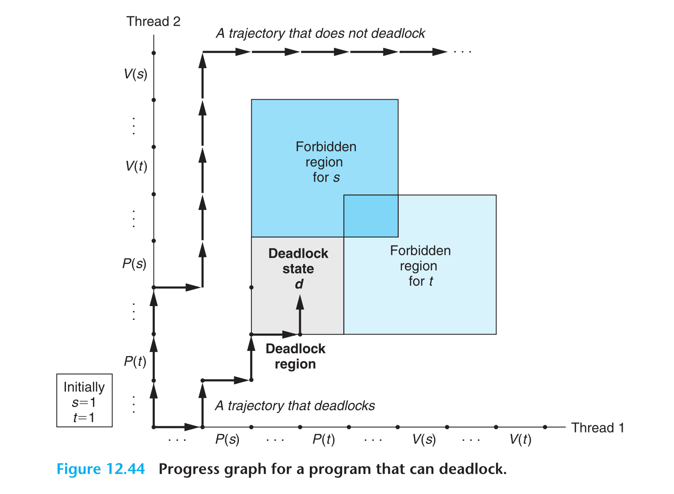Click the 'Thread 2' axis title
tap(153, 21)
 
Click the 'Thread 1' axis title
tap(597, 428)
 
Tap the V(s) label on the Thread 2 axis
tap(135, 74)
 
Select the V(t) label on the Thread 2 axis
tap(136, 166)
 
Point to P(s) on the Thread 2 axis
tap(134, 264)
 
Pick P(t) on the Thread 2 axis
tap(135, 362)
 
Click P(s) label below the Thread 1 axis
tap(227, 439)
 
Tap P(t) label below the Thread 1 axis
tap(324, 439)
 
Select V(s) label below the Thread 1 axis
tap(424, 439)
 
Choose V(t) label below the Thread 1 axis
tap(520, 439)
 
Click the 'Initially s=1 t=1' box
tap(84, 401)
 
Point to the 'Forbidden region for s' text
tap(326, 162)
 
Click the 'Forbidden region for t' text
tap(420, 266)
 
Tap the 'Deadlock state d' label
tap(298, 268)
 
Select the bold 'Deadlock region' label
tap(295, 356)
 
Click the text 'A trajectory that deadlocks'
tap(295, 405)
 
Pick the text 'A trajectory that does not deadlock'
tap(320, 33)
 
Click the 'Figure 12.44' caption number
tap(100, 469)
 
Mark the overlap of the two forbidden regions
tap(371, 216)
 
